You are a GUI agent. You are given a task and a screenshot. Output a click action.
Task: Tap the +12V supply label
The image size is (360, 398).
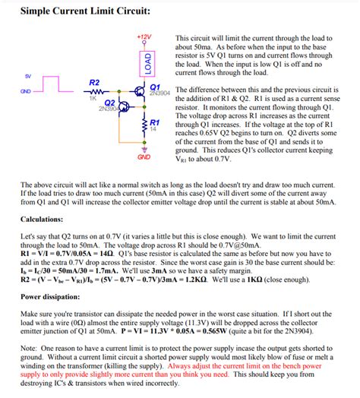click(x=145, y=37)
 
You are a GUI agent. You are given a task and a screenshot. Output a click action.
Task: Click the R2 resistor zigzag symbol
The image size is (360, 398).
click(x=94, y=92)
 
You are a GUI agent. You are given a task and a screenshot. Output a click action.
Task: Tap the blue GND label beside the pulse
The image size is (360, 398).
click(x=25, y=92)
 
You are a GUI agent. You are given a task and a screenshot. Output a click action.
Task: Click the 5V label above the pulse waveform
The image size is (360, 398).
click(x=28, y=77)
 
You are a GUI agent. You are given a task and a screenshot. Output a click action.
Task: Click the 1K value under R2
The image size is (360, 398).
click(x=93, y=99)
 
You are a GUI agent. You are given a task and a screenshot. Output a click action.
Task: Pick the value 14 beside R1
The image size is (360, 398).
click(x=153, y=129)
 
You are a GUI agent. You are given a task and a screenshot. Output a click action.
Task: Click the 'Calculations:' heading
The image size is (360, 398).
click(x=46, y=219)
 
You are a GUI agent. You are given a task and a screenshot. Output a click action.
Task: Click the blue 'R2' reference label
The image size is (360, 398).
click(x=94, y=81)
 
